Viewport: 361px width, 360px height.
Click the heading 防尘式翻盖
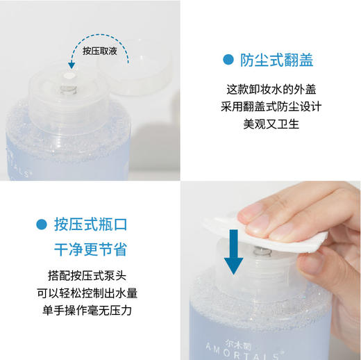pyautogui.click(x=276, y=60)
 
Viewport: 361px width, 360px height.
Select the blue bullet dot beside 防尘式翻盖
pyautogui.click(x=228, y=60)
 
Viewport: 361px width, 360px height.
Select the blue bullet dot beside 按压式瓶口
pyautogui.click(x=42, y=224)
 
